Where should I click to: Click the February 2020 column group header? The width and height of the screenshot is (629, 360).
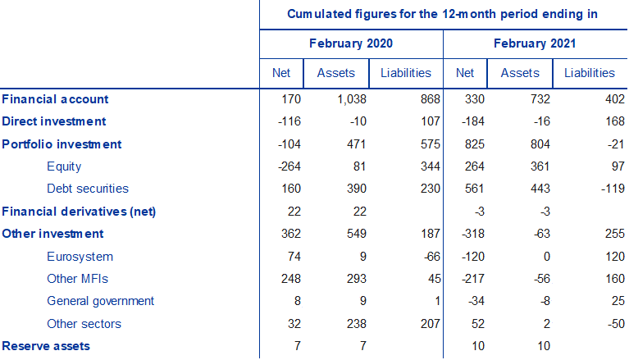[351, 43]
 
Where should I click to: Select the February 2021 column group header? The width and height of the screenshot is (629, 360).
[535, 43]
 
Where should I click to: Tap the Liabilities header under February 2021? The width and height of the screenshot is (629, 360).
[589, 73]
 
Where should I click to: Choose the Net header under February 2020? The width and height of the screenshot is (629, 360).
[281, 73]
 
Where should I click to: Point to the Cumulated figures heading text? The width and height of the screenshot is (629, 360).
[442, 14]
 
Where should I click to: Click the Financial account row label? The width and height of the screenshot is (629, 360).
[55, 99]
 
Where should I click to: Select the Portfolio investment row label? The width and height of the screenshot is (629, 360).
[62, 144]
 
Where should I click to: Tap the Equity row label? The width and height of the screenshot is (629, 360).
[64, 166]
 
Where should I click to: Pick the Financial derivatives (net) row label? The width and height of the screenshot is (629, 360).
[79, 212]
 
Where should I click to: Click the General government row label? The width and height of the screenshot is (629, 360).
[100, 301]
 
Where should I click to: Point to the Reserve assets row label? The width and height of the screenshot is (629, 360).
[46, 346]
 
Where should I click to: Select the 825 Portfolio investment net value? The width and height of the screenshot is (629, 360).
[464, 144]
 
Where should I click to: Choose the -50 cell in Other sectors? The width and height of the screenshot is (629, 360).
[604, 324]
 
